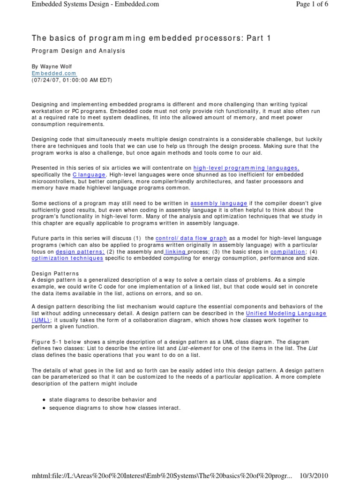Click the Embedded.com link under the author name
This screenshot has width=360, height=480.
coord(53,74)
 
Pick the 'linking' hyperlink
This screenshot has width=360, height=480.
coord(176,251)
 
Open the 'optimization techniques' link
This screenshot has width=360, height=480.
coord(67,258)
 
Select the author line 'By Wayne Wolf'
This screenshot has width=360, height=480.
coord(52,67)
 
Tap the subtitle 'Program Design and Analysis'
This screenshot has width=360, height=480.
coord(78,51)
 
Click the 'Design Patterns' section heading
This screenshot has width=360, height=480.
coord(55,273)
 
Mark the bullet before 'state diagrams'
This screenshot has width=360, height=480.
coord(43,400)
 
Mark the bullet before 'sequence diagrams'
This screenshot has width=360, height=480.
coord(43,408)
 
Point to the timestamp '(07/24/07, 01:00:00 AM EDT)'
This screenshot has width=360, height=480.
coord(72,80)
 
